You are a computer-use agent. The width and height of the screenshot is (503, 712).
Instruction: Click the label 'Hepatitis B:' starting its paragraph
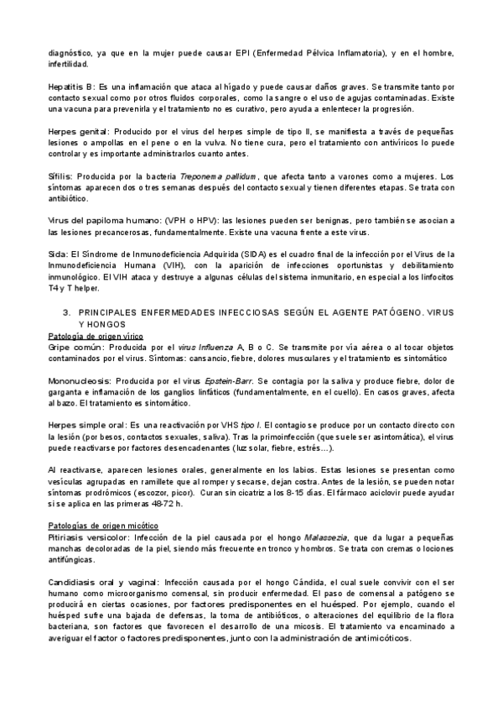click(71, 86)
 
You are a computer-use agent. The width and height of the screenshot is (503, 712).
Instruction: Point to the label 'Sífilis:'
click(61, 177)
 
